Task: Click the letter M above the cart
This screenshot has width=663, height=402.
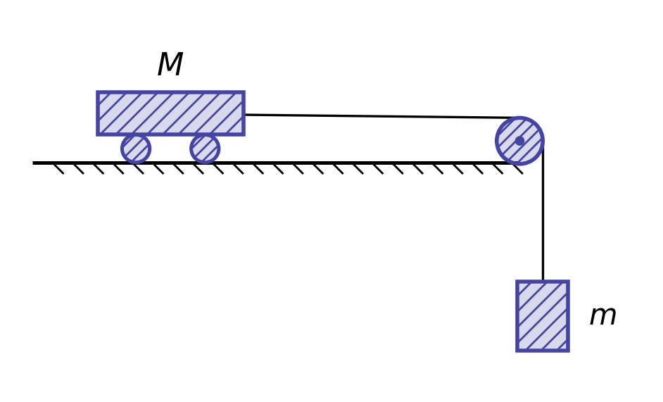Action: [x=170, y=64]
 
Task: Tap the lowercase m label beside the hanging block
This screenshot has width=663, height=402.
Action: [x=603, y=315]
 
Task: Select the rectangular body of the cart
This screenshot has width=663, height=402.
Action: [x=171, y=113]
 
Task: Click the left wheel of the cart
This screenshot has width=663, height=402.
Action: [x=136, y=149]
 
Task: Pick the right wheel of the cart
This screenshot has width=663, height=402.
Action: [x=205, y=149]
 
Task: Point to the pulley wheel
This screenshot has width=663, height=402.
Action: [x=519, y=141]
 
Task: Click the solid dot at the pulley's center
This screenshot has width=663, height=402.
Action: [x=519, y=141]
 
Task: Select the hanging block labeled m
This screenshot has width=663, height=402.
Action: [x=543, y=315]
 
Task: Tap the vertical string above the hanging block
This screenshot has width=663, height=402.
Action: [x=543, y=211]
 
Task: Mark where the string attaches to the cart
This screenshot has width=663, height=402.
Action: [x=245, y=114]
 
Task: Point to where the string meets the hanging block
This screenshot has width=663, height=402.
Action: [x=543, y=279]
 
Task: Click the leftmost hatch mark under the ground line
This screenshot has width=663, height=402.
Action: [x=59, y=169]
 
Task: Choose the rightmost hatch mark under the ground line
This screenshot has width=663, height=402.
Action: [x=518, y=169]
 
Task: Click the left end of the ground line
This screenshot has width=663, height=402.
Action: [x=33, y=163]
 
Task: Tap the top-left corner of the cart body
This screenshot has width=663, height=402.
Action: [x=96, y=91]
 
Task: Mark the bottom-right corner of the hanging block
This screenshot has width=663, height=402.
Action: [x=569, y=352]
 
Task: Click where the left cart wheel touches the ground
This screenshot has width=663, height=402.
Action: [x=136, y=163]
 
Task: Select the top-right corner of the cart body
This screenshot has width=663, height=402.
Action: [x=245, y=91]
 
